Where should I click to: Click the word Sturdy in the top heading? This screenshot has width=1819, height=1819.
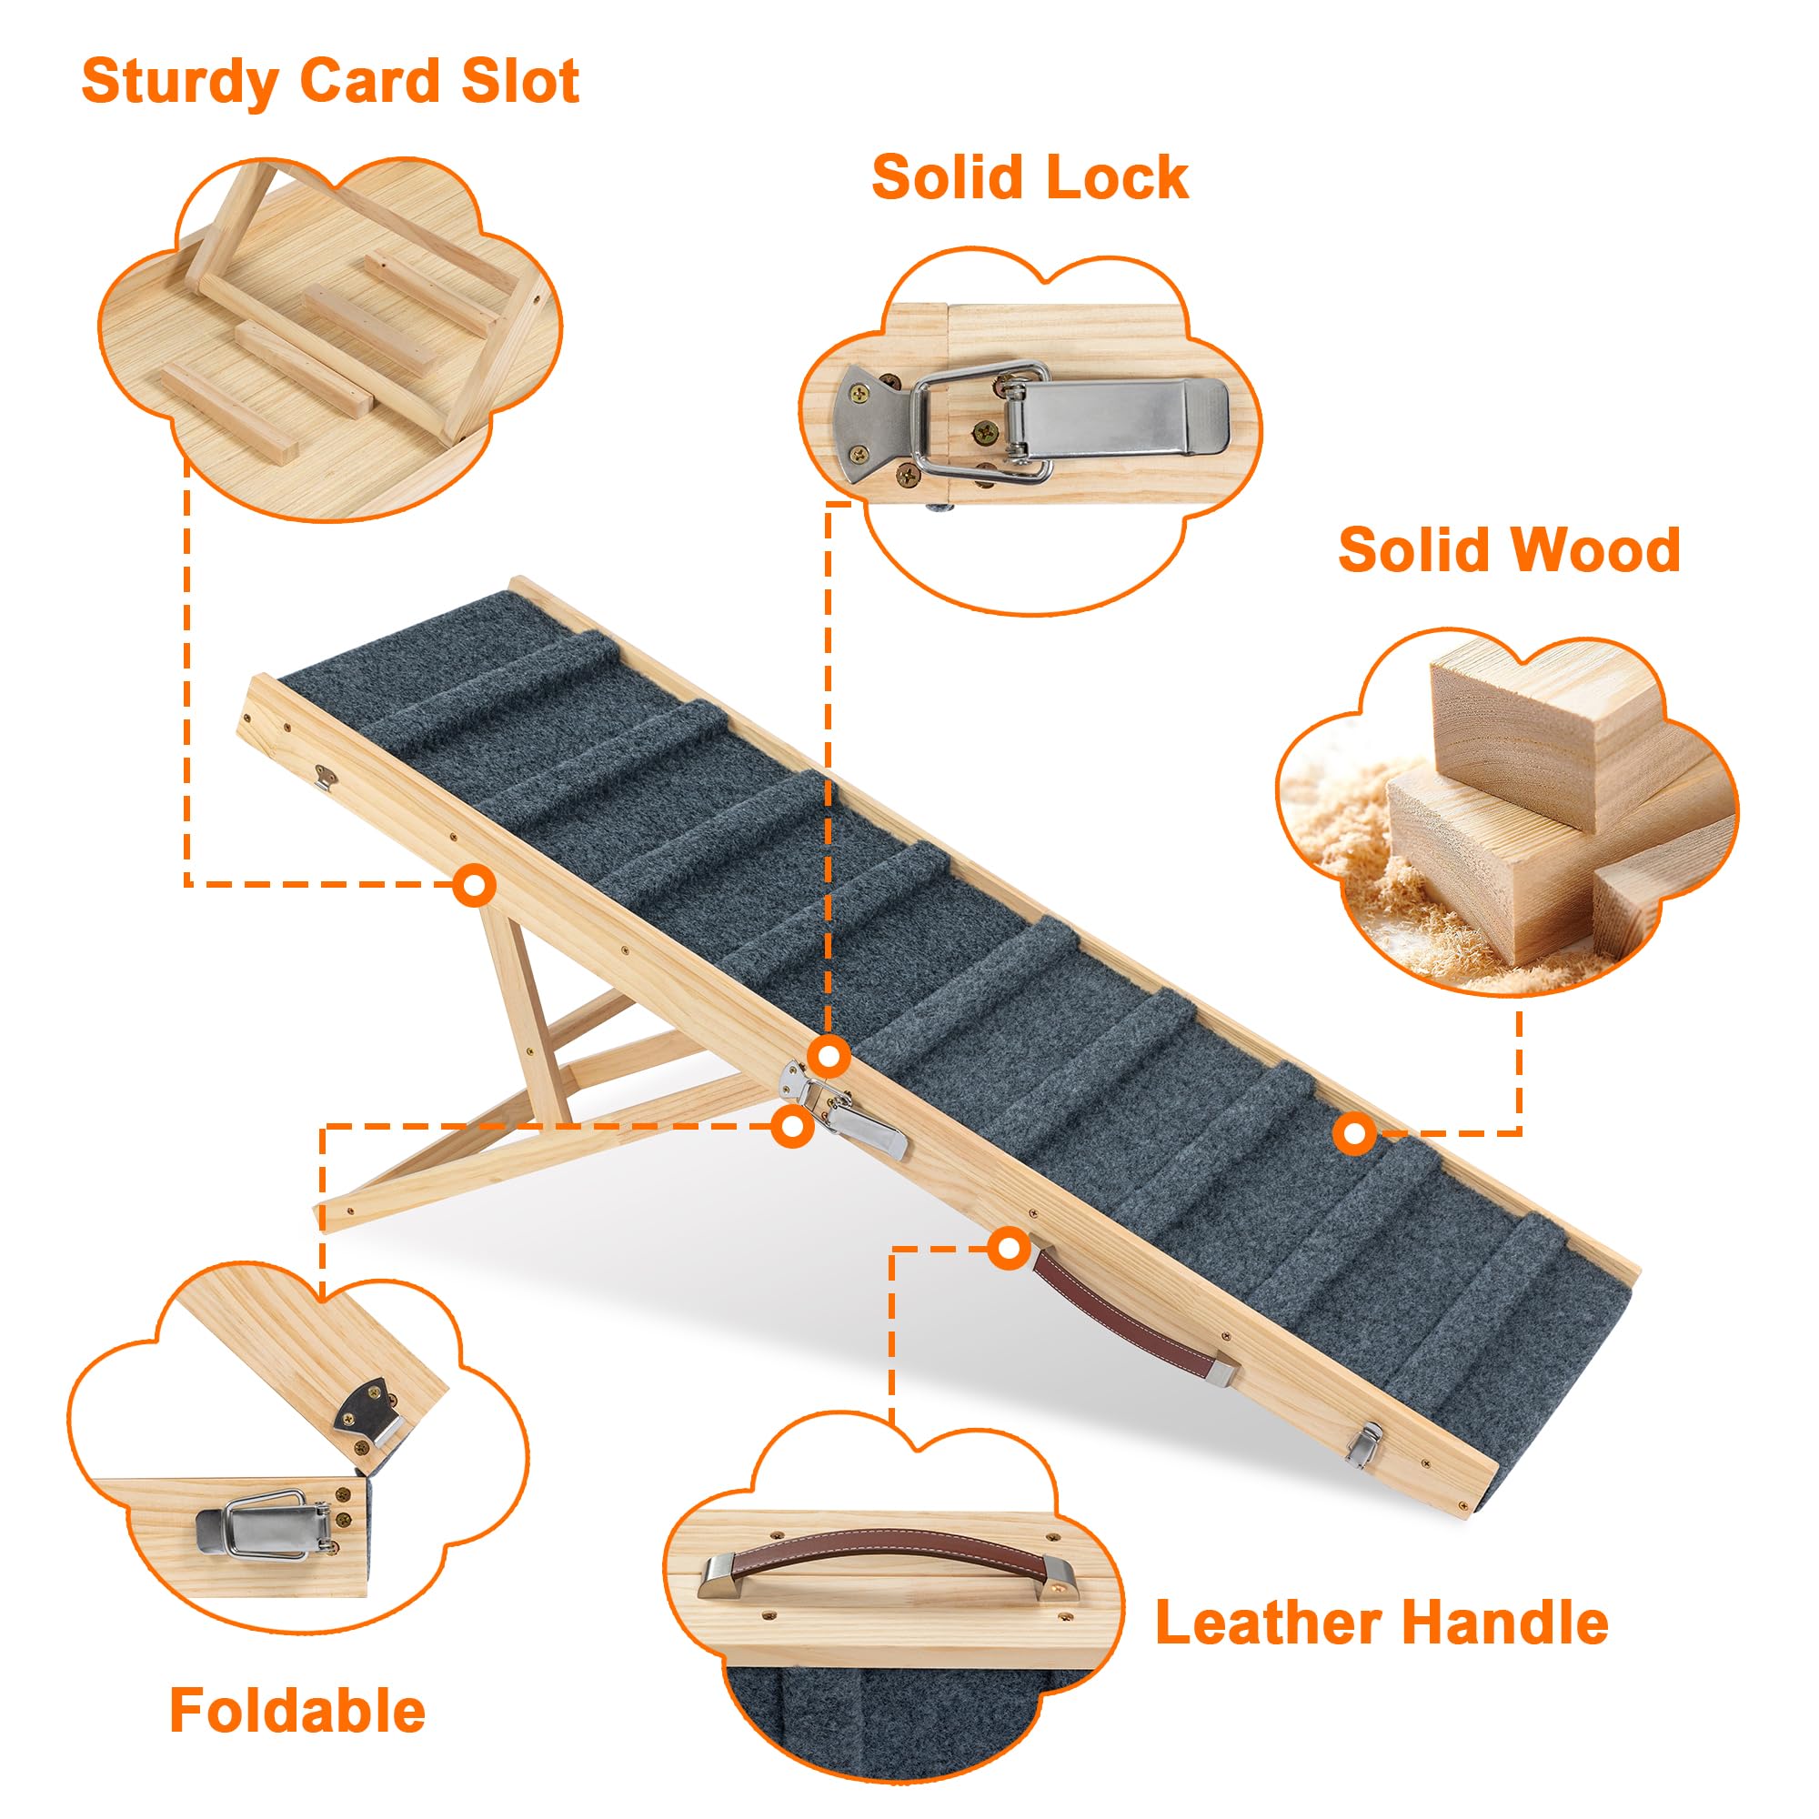pos(179,82)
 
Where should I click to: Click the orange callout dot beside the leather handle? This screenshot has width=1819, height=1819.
pos(1010,1250)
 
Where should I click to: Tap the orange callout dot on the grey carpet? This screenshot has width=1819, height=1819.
pos(1354,1134)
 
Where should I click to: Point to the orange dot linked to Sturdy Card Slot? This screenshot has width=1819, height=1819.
pos(474,885)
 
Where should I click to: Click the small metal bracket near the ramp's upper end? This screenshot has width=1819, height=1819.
pos(327,778)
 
